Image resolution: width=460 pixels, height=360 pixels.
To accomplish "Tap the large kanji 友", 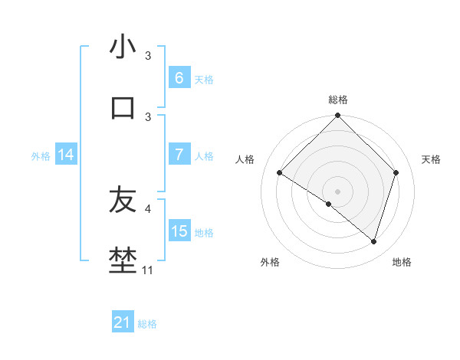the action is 123,200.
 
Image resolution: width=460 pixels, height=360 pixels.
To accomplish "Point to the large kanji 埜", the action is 123,261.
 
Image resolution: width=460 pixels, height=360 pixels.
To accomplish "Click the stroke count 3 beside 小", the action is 148,56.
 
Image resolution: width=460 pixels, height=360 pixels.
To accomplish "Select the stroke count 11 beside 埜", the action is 148,270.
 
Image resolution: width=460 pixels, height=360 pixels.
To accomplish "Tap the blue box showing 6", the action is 179,78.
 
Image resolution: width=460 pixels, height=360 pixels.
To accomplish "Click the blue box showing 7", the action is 179,155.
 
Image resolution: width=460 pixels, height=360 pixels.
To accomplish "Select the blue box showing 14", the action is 66,155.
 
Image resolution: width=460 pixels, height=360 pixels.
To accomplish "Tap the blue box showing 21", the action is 123,322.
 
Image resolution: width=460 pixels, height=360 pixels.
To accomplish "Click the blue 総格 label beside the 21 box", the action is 147,324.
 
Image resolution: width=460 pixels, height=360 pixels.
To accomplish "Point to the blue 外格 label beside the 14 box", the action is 41,155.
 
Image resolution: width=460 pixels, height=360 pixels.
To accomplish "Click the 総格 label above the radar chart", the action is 338,100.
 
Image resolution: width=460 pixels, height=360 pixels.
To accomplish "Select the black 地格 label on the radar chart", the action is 402,262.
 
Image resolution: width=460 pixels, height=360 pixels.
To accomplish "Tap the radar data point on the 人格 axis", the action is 280,173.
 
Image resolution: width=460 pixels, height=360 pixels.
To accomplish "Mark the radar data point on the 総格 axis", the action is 337,116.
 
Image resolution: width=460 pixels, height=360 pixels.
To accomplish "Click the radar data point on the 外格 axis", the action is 329,204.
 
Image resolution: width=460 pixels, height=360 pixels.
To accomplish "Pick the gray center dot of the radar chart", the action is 337,191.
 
